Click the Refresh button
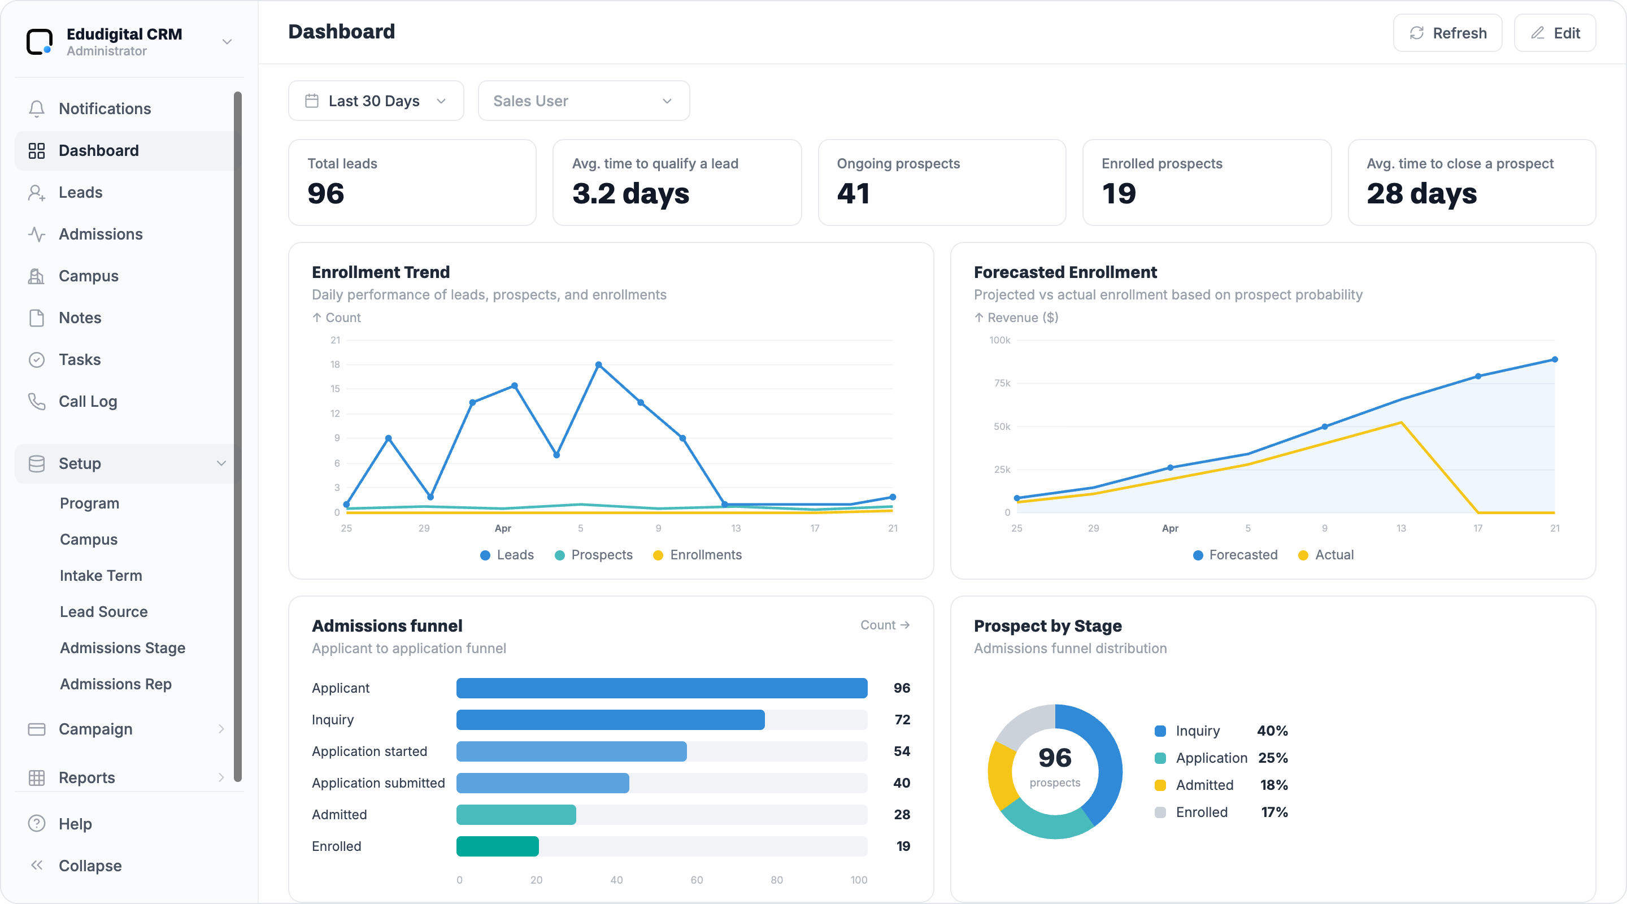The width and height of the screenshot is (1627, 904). coord(1447,33)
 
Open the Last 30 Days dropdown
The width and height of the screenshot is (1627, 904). coord(376,101)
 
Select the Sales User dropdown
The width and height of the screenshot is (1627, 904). coord(584,101)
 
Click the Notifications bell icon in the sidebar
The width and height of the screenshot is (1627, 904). coord(37,108)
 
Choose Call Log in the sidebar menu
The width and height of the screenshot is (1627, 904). coord(88,401)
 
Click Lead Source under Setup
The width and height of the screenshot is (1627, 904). coord(103,611)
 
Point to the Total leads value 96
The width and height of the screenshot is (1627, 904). coord(326,193)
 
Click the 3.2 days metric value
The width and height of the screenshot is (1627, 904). coord(630,193)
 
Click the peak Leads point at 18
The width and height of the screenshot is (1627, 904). coord(599,364)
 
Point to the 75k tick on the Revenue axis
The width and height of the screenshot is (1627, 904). coord(1002,383)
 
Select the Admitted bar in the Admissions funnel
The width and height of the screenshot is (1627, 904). coord(516,814)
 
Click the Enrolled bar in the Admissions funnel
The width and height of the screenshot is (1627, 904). coord(498,846)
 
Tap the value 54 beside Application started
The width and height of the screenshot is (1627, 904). coord(902,751)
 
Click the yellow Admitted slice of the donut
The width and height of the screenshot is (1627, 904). coord(1000,774)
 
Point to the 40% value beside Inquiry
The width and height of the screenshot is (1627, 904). coord(1272,731)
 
